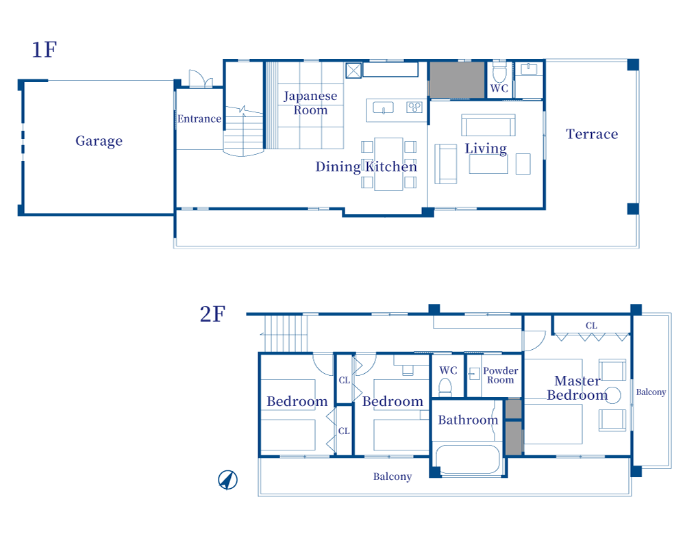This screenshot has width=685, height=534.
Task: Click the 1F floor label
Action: [x=44, y=50]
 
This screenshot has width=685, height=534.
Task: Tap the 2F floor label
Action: [x=212, y=314]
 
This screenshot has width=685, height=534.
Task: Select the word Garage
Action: [x=99, y=141]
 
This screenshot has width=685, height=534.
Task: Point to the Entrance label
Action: [x=199, y=118]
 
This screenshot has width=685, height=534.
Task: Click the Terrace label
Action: [x=592, y=134]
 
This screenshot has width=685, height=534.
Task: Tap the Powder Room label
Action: [x=501, y=375]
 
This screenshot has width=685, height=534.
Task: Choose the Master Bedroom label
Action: [x=577, y=388]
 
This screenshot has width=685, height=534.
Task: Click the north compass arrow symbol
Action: [x=227, y=481]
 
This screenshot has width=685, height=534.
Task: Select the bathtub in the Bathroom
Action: [x=469, y=459]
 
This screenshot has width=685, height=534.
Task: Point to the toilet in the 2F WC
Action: [x=447, y=387]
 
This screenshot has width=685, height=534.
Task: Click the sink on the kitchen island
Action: [x=384, y=107]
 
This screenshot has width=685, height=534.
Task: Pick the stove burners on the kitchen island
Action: [x=414, y=107]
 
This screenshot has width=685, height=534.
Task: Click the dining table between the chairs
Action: [x=389, y=164]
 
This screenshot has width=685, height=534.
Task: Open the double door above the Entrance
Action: [x=198, y=79]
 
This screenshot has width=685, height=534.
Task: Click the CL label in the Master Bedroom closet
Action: [x=591, y=325]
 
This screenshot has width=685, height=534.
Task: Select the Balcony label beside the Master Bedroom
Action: [x=651, y=392]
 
